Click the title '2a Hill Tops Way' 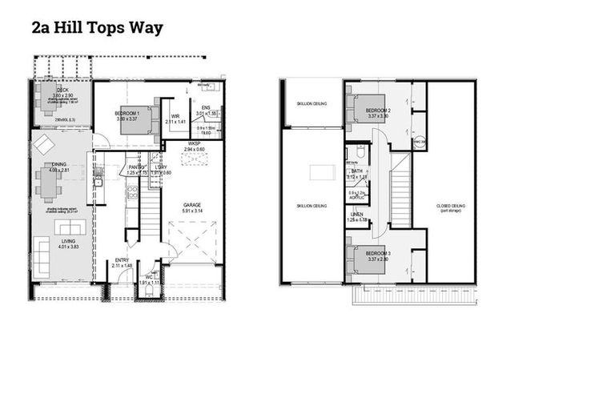pyautogui.click(x=97, y=28)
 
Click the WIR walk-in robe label pyautogui.click(x=175, y=116)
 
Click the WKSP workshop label pyautogui.click(x=193, y=144)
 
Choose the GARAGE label pyautogui.click(x=193, y=204)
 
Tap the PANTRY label pyautogui.click(x=133, y=167)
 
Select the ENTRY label pyautogui.click(x=122, y=260)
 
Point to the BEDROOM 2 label pyautogui.click(x=378, y=110)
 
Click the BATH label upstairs pyautogui.click(x=357, y=171)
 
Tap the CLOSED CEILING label pyautogui.click(x=451, y=206)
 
